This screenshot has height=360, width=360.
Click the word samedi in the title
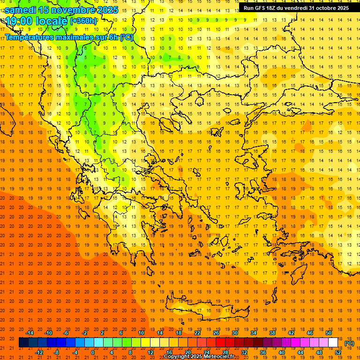[x=21, y=9]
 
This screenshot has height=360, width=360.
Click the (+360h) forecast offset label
[x=83, y=21]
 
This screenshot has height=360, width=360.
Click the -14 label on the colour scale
[x=30, y=333]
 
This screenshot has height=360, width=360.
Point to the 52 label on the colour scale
[x=338, y=352]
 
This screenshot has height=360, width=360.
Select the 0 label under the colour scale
[x=92, y=352]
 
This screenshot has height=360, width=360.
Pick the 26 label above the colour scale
[x=216, y=333]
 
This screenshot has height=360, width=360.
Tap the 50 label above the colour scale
[x=329, y=333]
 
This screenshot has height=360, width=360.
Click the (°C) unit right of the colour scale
[x=349, y=343]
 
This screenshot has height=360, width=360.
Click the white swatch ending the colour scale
[x=333, y=343]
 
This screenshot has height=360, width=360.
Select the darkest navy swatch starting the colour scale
[x=23, y=343]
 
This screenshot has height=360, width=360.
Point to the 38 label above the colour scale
[x=272, y=333]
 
